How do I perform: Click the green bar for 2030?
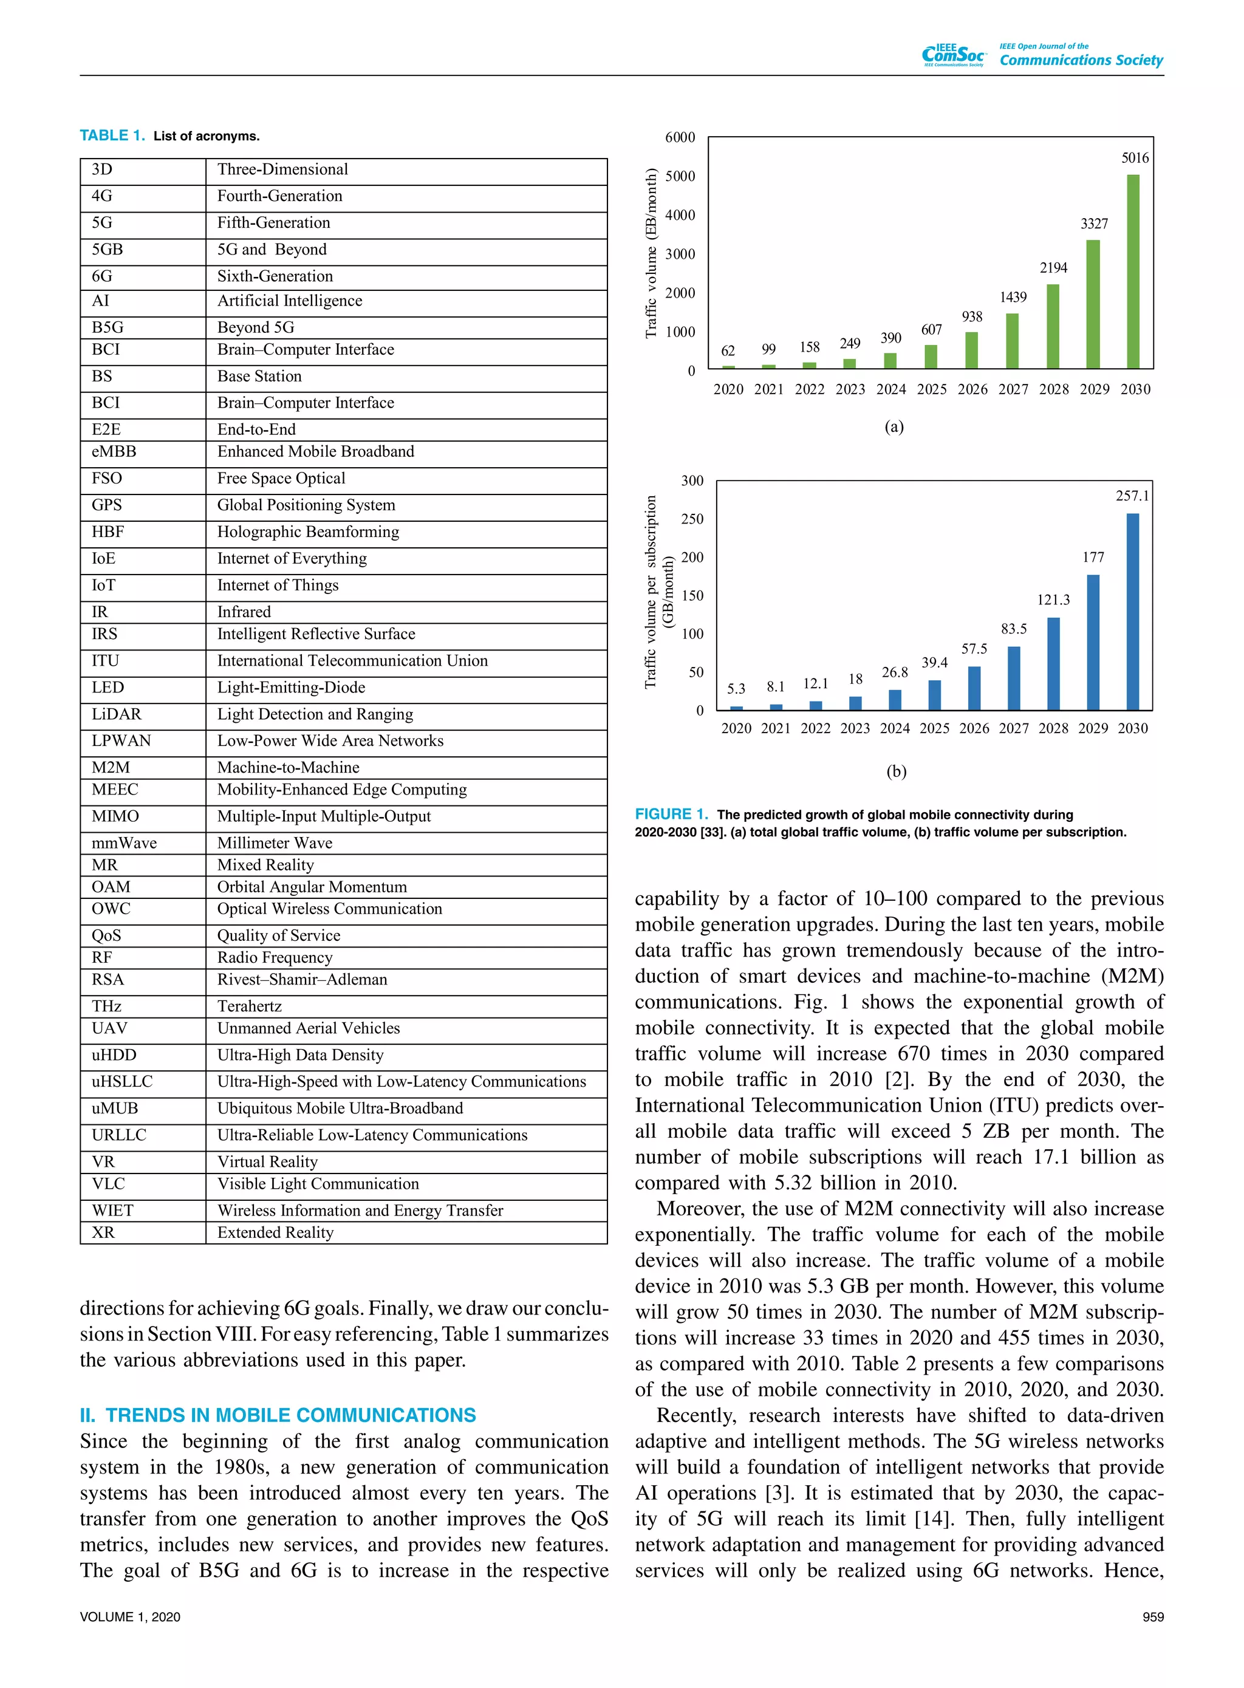(x=1133, y=271)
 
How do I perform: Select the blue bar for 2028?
(x=1053, y=663)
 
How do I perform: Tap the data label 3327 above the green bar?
(x=1094, y=224)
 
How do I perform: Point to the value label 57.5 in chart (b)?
(x=974, y=648)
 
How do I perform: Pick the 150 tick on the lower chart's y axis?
(x=692, y=595)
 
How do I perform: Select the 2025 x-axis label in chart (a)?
(x=932, y=389)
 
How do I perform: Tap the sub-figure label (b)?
(x=896, y=771)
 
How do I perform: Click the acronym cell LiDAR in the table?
(x=117, y=714)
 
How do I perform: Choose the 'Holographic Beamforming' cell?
(x=308, y=531)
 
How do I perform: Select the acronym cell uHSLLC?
(x=122, y=1081)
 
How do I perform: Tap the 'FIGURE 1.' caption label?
(x=671, y=814)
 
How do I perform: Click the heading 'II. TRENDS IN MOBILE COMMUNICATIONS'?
(x=278, y=1415)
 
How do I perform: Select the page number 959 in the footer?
(x=1152, y=1616)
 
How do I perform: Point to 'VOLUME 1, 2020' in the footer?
(x=130, y=1616)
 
